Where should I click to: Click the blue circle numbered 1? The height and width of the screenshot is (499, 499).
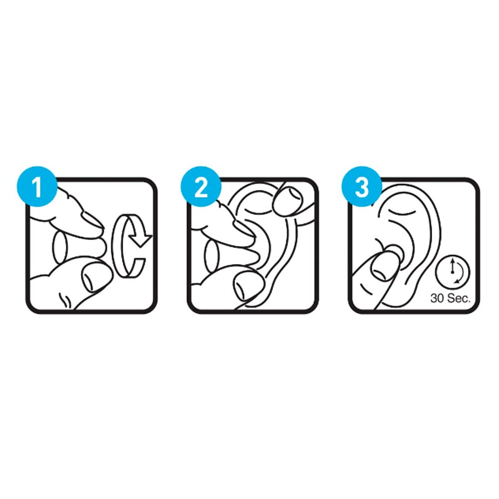37,187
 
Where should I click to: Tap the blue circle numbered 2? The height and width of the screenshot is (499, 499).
201,187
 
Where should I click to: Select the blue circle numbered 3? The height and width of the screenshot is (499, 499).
362,187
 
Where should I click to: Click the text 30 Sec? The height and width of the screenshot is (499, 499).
450,298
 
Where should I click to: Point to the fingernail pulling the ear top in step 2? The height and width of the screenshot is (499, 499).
287,201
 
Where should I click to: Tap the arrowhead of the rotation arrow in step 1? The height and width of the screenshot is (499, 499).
141,238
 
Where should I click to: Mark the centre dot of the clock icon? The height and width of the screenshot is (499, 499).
452,272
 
